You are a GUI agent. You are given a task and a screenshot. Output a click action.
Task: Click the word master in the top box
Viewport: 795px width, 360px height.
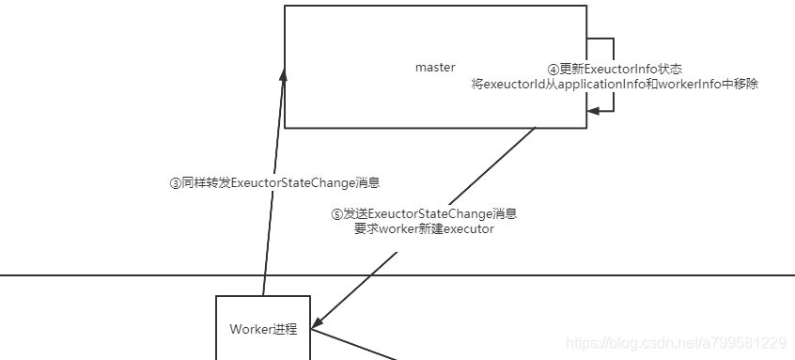coord(435,68)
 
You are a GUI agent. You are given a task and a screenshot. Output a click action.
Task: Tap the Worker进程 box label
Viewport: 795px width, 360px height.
coord(263,329)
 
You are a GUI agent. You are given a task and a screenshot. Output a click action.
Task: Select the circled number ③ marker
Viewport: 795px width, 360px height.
coord(175,183)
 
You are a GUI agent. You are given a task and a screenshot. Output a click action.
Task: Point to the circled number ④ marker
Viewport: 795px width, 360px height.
coord(553,70)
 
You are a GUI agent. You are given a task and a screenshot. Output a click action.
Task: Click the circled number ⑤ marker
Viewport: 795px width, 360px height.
coord(336,214)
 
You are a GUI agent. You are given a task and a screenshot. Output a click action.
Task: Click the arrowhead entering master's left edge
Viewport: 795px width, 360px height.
coord(282,71)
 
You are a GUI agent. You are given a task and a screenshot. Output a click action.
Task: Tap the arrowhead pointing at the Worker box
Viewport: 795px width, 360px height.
coord(318,321)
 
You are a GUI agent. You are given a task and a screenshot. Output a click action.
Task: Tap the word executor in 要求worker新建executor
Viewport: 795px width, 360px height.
coord(468,229)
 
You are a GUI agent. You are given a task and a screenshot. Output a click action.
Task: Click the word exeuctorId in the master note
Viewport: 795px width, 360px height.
coord(514,84)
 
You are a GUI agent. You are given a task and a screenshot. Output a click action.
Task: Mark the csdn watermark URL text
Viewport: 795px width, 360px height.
coord(677,343)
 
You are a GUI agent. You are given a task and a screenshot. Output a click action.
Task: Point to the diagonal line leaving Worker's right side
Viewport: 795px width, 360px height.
coord(357,345)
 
